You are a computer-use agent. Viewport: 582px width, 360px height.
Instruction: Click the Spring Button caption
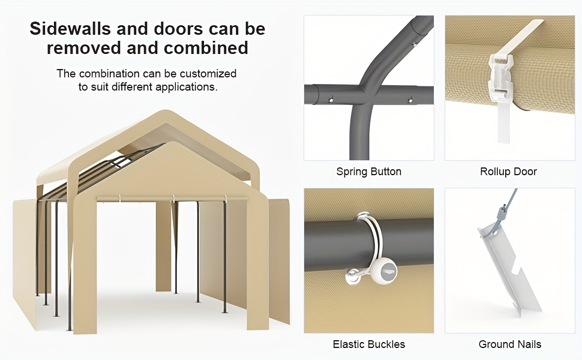tap(369, 172)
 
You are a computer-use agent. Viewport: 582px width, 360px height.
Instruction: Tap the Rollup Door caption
tap(509, 172)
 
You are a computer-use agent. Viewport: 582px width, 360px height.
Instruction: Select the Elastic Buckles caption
tap(369, 344)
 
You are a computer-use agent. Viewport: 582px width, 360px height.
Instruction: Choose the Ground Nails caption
tap(510, 344)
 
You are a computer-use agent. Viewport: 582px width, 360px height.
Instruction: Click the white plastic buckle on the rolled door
tap(501, 79)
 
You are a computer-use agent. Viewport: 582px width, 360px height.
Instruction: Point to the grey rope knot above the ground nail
tap(503, 214)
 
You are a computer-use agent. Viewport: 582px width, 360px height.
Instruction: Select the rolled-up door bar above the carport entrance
tap(172, 199)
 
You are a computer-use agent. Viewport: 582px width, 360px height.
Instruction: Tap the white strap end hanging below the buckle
tap(503, 122)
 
